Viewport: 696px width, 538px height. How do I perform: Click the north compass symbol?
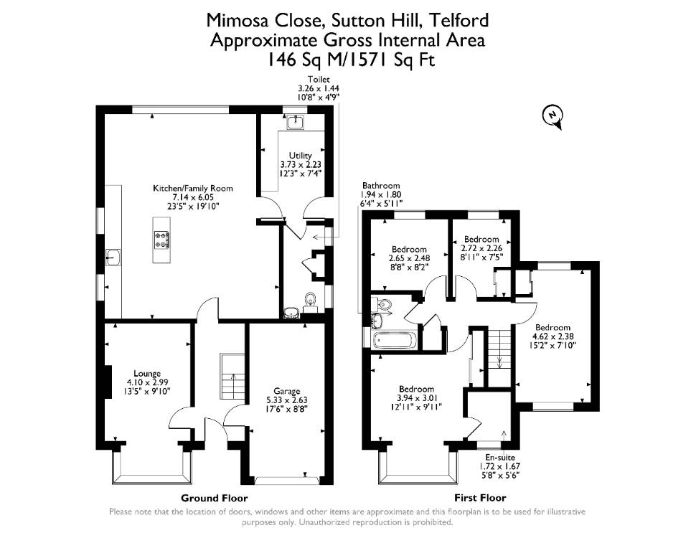[x=552, y=116]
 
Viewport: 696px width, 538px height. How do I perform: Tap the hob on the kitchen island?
[x=161, y=240]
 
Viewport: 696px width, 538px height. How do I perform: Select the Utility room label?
[x=301, y=156]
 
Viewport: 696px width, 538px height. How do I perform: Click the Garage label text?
[x=287, y=391]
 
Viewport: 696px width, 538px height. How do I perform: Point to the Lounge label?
[x=147, y=373]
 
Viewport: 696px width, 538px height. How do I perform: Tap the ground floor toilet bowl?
[x=310, y=301]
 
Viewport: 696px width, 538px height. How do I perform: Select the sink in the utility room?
[x=295, y=121]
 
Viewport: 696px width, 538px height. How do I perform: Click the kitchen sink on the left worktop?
[x=113, y=257]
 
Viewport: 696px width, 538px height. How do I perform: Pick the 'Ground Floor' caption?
[x=214, y=498]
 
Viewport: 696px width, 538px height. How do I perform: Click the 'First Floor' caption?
[x=480, y=498]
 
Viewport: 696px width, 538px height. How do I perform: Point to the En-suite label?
[x=500, y=457]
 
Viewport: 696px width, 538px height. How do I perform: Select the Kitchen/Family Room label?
[x=192, y=188]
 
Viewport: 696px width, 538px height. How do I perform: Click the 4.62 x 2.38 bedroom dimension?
[x=553, y=336]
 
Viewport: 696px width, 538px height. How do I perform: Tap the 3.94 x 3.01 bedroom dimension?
[x=416, y=398]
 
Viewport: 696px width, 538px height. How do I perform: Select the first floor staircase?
[x=500, y=352]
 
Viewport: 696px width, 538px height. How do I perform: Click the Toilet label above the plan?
[x=319, y=80]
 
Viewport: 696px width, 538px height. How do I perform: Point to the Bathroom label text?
[x=381, y=186]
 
